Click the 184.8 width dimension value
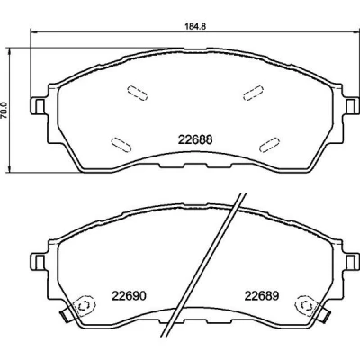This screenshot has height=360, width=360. tap(194, 26)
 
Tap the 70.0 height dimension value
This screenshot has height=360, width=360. tap(4, 110)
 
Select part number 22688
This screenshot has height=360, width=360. tap(195, 139)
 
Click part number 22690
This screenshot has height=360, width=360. tap(129, 296)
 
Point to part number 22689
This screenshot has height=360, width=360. tap(262, 296)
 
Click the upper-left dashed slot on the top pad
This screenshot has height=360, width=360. tap(137, 94)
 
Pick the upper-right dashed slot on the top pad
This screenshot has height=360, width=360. tap(254, 93)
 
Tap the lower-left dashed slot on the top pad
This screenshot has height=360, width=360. tap(121, 145)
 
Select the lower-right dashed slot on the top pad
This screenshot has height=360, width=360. tap(269, 144)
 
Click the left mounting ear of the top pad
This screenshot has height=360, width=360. tap(39, 106)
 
